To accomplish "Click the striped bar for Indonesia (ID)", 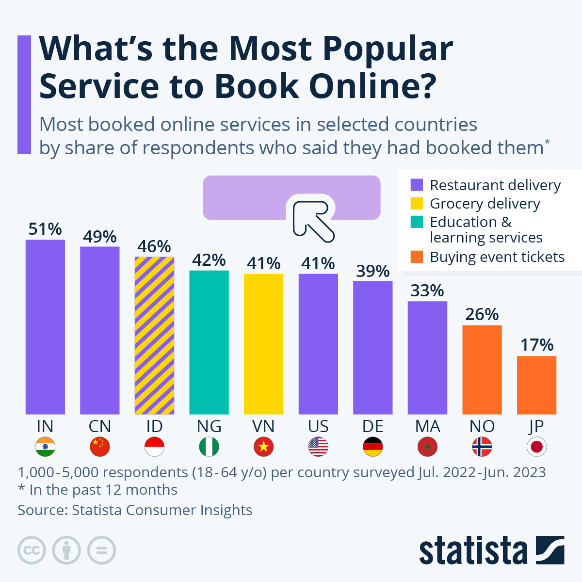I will [154, 335].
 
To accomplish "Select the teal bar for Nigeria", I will [209, 342].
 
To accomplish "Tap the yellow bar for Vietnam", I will [263, 344].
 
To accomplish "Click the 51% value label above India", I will [45, 229].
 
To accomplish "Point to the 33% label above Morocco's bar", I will [427, 291].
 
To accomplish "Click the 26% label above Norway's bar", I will [482, 314].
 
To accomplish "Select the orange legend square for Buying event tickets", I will [417, 257].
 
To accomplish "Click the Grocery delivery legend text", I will [485, 204].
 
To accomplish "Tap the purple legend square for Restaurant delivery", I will [417, 185].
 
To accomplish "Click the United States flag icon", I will [318, 447].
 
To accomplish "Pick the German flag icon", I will [372, 447].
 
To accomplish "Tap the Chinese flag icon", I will [100, 447].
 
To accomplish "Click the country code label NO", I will [482, 426].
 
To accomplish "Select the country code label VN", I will [263, 426].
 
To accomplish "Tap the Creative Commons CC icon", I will [32, 550].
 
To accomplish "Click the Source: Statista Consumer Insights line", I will [135, 510].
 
